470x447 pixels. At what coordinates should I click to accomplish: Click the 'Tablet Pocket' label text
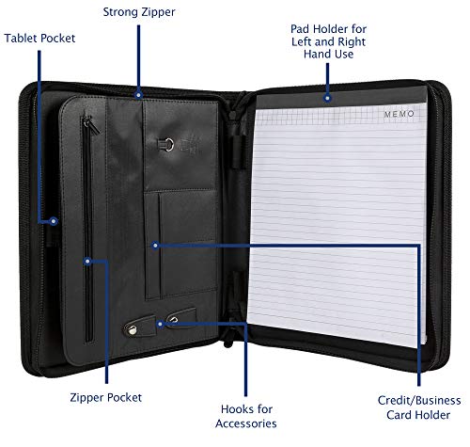coord(39,39)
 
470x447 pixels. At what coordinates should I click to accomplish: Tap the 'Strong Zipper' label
coord(139,12)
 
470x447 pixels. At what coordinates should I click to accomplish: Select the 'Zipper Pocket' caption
coord(106,397)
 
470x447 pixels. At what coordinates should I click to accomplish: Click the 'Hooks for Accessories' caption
coord(246,416)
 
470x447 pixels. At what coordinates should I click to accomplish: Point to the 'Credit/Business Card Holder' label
coord(419,407)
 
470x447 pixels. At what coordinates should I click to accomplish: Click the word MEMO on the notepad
coord(399,114)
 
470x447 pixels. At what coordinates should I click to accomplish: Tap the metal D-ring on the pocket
coord(168,145)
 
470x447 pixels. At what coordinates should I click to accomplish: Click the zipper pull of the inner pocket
coord(92,124)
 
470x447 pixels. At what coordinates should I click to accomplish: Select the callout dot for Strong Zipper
coord(139,95)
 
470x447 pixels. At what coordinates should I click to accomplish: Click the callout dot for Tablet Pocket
coord(54,221)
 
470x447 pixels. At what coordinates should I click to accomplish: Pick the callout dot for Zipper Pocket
coord(87,261)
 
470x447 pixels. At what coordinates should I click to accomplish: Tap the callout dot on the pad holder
coord(327,98)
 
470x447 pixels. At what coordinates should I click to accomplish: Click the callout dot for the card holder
coord(155,246)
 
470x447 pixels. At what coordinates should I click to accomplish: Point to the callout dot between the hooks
coord(160,324)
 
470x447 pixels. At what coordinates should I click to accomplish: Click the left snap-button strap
coord(139,326)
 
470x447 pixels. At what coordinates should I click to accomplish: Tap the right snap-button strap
coord(181,317)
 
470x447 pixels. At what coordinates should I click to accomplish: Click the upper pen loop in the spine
coord(238,152)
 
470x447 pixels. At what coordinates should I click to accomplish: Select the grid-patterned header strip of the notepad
coord(340,115)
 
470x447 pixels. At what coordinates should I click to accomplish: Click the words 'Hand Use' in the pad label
coord(328,55)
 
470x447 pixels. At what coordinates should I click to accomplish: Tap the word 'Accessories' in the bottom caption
coord(246,423)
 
